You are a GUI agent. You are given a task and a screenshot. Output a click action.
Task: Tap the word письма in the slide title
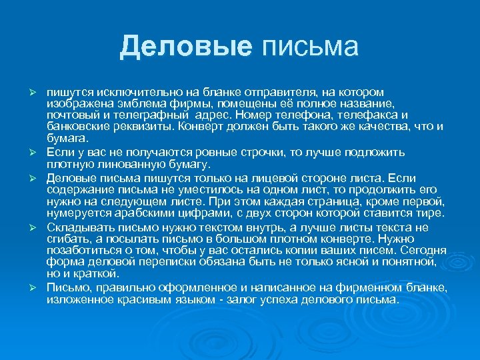coord(310,46)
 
